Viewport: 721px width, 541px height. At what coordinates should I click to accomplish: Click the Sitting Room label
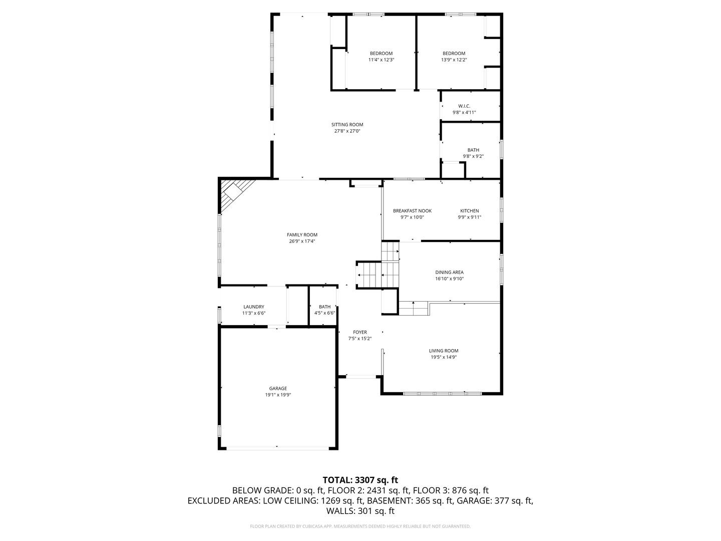click(x=347, y=125)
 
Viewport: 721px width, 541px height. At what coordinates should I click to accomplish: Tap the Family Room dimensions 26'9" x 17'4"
click(x=302, y=241)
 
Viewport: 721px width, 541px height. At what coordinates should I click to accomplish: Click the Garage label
click(x=278, y=388)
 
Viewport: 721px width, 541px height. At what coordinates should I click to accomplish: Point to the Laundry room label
click(x=253, y=307)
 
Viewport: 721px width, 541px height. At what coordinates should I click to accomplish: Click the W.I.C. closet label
click(x=464, y=106)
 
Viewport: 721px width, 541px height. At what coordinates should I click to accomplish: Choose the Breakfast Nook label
click(x=412, y=211)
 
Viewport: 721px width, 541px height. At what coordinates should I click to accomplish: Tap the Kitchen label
click(x=469, y=211)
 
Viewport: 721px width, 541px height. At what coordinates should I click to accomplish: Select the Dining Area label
click(x=449, y=273)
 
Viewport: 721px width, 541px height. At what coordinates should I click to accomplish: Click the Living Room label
click(x=443, y=351)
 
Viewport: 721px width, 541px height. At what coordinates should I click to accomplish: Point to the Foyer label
click(x=359, y=332)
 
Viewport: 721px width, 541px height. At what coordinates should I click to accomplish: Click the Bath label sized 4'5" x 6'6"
click(x=324, y=307)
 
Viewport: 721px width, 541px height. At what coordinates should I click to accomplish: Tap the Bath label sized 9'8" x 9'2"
click(x=473, y=150)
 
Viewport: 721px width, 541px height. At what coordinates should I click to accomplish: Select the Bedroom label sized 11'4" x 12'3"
click(x=381, y=53)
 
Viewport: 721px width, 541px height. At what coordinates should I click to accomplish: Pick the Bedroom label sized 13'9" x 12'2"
click(x=454, y=53)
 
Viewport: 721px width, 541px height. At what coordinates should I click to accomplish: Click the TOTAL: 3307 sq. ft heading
click(x=360, y=480)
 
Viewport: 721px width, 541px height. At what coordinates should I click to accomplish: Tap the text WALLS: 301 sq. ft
click(x=360, y=511)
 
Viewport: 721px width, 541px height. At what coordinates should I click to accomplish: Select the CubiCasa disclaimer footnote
click(x=360, y=526)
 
